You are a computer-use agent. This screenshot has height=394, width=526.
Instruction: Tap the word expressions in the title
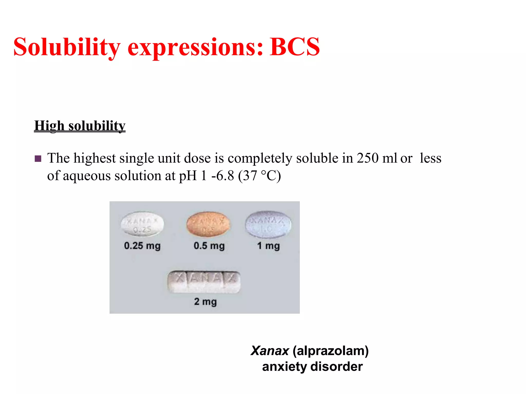click(x=195, y=47)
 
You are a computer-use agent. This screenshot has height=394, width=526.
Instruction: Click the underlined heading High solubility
click(x=80, y=126)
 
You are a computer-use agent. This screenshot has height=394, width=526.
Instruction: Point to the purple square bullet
click(x=38, y=159)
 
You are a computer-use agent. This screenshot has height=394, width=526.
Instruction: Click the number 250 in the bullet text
click(x=368, y=158)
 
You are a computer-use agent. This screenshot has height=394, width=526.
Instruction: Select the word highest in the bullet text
click(x=95, y=158)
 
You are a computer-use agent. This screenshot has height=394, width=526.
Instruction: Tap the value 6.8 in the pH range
click(x=225, y=176)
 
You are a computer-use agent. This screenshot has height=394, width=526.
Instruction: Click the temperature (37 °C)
click(x=259, y=176)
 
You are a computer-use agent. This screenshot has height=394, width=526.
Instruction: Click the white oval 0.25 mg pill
click(x=142, y=224)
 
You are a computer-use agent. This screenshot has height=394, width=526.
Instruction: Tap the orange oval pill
click(x=208, y=224)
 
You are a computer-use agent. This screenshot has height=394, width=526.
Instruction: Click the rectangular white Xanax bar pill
click(x=204, y=282)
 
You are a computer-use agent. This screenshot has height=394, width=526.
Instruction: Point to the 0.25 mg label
click(x=142, y=246)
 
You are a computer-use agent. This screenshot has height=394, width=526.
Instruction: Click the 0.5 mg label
click(x=209, y=246)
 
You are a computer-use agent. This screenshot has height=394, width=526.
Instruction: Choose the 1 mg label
click(x=268, y=246)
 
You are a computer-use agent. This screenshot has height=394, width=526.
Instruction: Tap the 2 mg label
click(x=205, y=302)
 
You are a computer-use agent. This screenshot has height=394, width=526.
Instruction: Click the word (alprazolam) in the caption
click(x=330, y=351)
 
